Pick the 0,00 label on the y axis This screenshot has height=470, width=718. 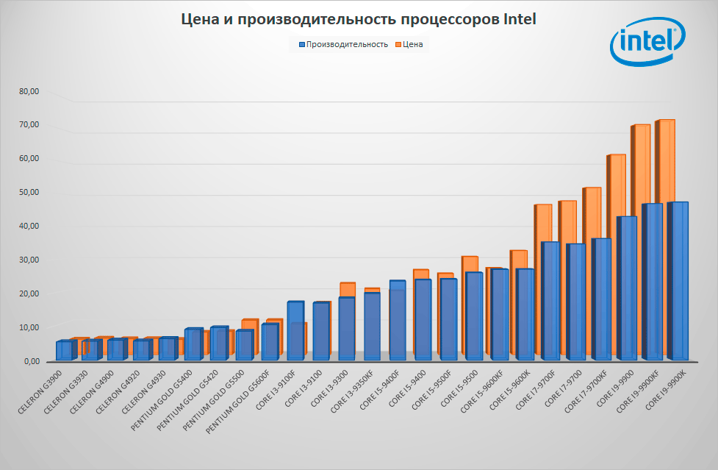(x=31, y=361)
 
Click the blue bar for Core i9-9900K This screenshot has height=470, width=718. (x=679, y=279)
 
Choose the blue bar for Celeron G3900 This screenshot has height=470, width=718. (x=64, y=350)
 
